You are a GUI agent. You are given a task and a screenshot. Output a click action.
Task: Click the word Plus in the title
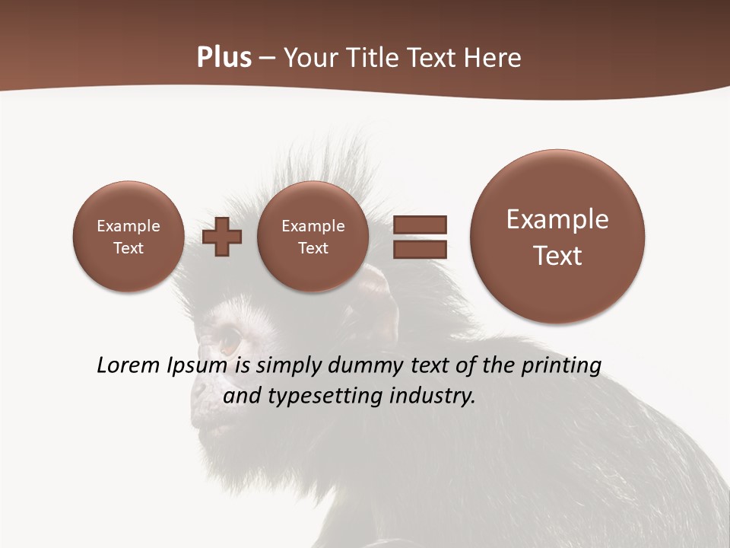pos(224,58)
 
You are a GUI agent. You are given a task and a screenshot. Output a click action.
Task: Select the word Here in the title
pos(493,58)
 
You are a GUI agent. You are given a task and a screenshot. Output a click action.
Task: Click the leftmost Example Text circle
pos(129,237)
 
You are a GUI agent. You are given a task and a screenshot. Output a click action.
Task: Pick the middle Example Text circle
pos(313,237)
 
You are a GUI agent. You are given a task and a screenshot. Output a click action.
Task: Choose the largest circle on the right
pos(557,237)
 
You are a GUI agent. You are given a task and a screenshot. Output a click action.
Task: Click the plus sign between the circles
pos(222,237)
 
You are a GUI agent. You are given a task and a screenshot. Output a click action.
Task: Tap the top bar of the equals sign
pos(419,225)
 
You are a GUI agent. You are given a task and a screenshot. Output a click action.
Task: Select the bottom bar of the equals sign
pos(419,249)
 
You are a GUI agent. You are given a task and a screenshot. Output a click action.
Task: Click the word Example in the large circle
pos(557,219)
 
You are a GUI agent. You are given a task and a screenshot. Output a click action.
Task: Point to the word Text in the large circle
pos(557,256)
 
